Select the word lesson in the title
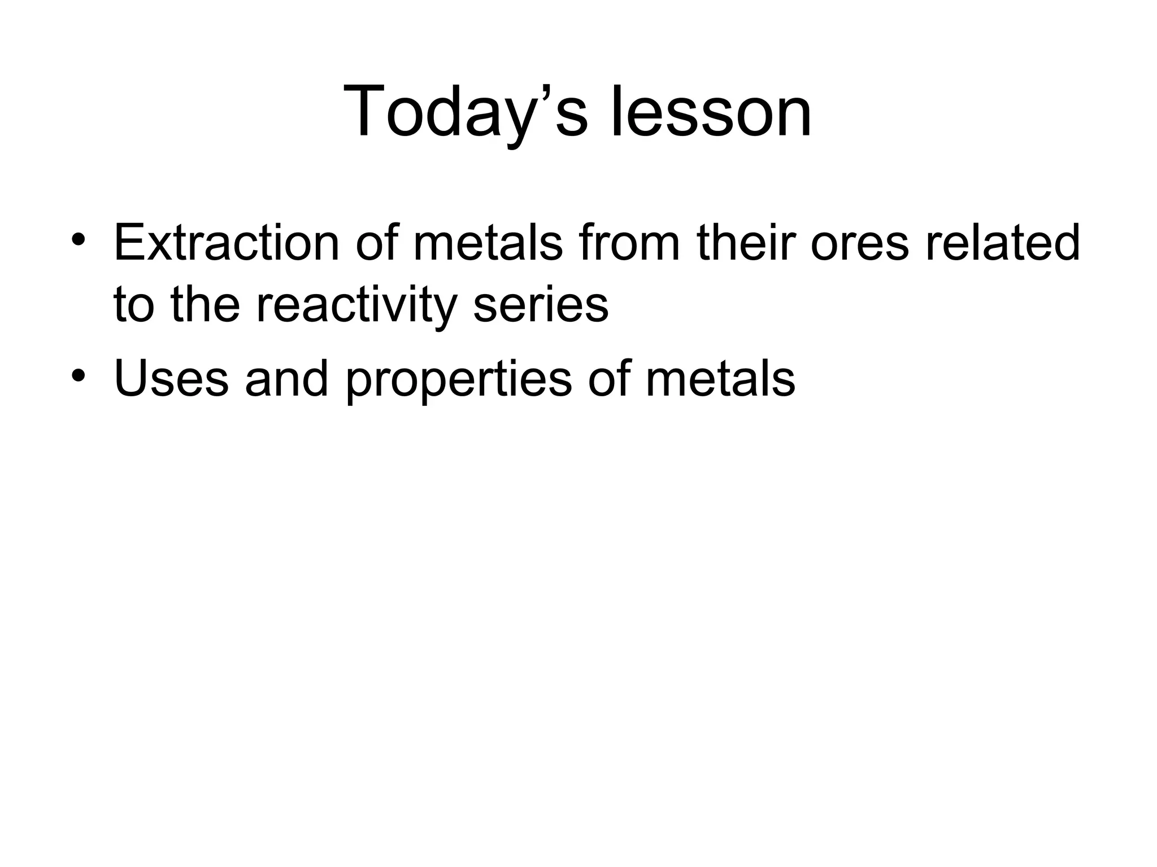click(x=711, y=111)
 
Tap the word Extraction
click(x=227, y=243)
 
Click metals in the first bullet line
click(x=488, y=243)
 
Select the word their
click(x=746, y=243)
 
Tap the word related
click(x=1003, y=243)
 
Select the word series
click(x=541, y=305)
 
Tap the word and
click(x=286, y=378)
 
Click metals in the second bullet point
click(x=720, y=378)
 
